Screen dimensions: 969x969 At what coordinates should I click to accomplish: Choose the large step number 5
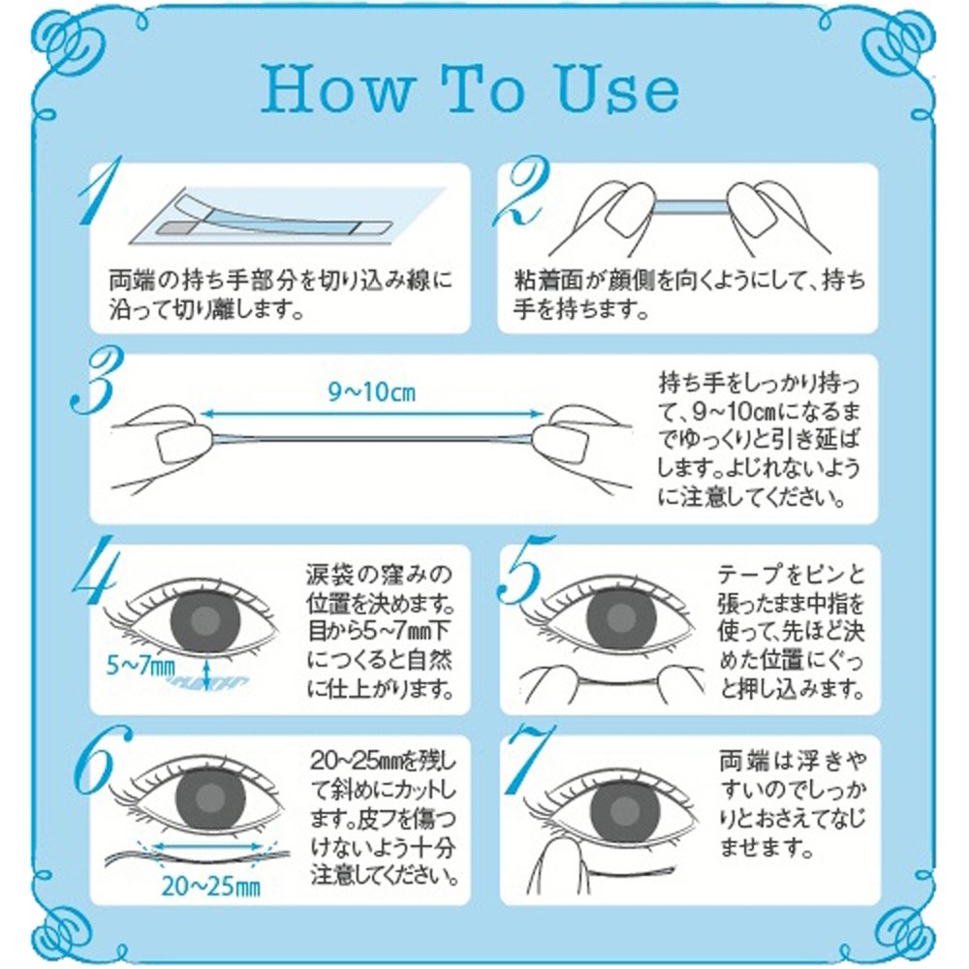tap(523, 569)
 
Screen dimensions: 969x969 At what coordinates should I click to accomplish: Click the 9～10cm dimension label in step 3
tap(371, 391)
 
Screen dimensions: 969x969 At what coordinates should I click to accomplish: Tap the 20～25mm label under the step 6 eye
tap(210, 888)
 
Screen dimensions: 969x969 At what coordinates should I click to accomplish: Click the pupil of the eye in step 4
tap(203, 621)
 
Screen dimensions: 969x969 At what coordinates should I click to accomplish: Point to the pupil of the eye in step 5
tap(620, 617)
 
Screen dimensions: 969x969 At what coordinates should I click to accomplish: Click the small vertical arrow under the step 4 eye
tap(206, 673)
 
